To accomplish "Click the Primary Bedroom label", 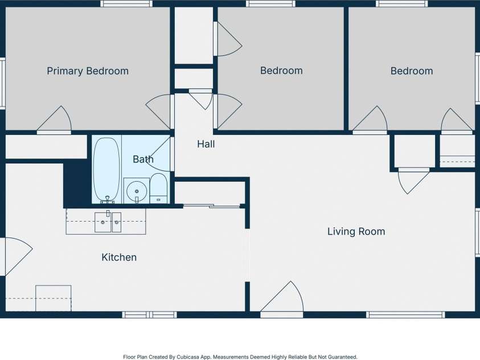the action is (88, 71).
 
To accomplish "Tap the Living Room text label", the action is (356, 231).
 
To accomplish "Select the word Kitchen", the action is (119, 257).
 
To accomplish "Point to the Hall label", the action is (206, 144).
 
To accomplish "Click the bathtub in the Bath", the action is (106, 170).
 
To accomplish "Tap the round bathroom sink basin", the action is (137, 191).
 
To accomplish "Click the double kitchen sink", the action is (108, 222).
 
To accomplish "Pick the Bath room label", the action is (143, 159).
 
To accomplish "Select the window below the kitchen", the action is (149, 314).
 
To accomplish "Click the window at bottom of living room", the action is (405, 314).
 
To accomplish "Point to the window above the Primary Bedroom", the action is (126, 3).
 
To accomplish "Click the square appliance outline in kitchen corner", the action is (54, 298).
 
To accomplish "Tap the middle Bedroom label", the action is (281, 71).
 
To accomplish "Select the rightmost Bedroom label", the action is (412, 71).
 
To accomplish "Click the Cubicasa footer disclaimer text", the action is (240, 357).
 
